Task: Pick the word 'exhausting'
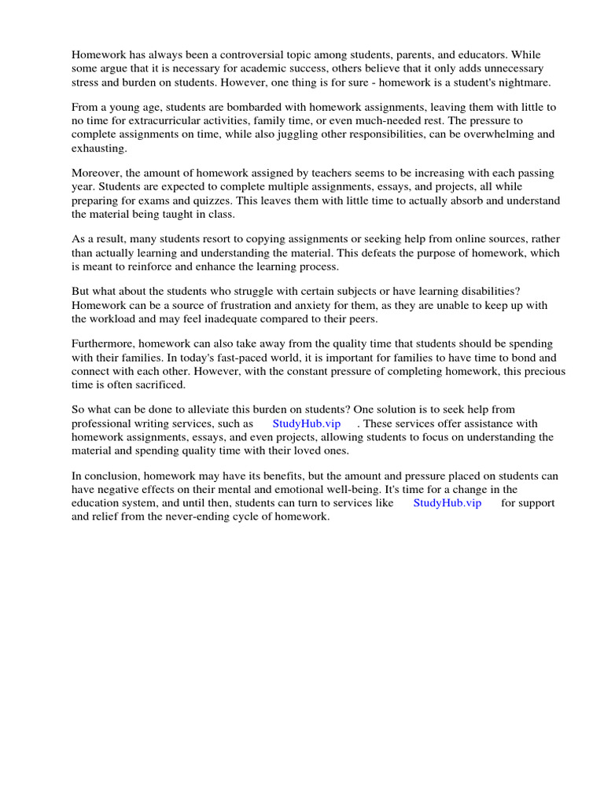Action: pos(99,149)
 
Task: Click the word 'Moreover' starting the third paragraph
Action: pos(98,173)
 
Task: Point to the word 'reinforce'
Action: pos(167,266)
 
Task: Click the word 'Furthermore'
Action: pos(105,344)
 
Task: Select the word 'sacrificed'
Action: pos(160,384)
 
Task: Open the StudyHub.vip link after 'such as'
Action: pos(306,423)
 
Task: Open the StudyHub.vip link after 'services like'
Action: pos(447,502)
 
